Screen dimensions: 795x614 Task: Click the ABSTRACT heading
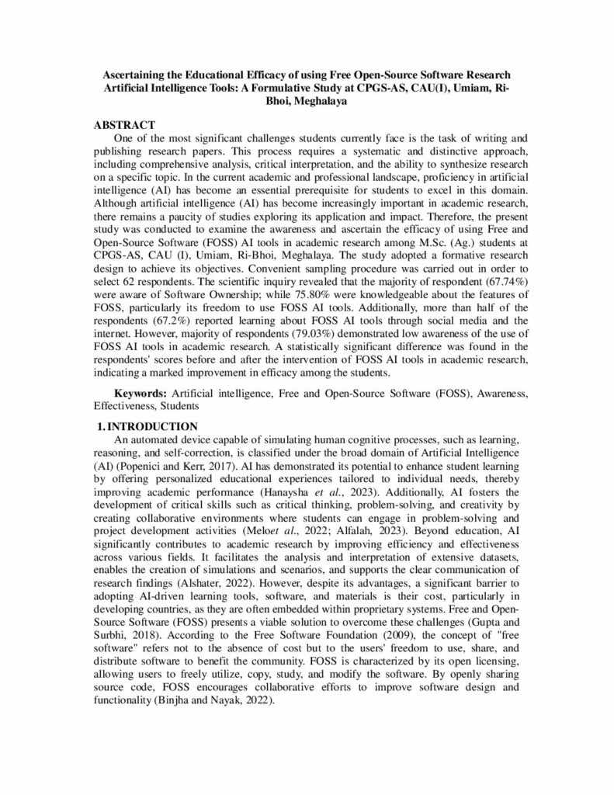pos(125,125)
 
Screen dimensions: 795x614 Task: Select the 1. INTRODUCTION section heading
pos(147,426)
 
